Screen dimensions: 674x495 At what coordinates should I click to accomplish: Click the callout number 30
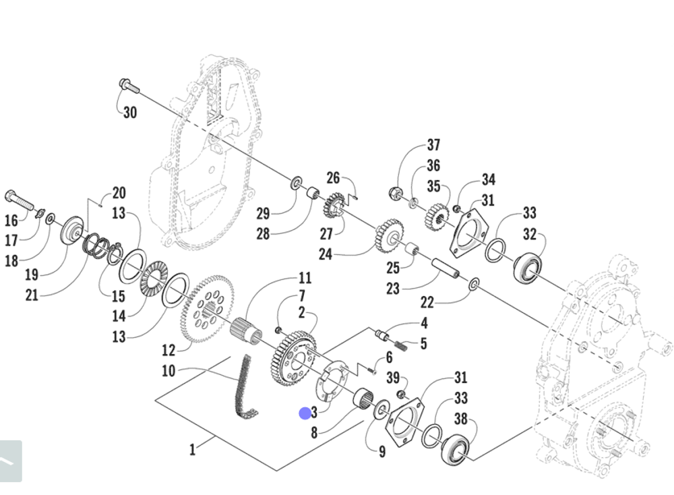(x=130, y=112)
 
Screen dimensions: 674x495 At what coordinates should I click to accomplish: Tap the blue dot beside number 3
(x=305, y=413)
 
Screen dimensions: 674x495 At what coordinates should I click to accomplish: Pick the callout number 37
(x=433, y=145)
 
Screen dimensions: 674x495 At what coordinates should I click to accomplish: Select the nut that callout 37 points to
(x=394, y=192)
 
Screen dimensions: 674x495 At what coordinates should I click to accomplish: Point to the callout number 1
(x=193, y=450)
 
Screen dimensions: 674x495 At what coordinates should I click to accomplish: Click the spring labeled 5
(x=400, y=346)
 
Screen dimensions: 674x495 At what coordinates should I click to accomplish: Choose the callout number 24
(x=326, y=254)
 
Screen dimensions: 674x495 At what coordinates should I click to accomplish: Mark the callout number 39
(x=393, y=378)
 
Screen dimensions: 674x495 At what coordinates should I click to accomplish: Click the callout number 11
(x=305, y=278)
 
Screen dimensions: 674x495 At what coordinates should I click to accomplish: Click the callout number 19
(x=32, y=274)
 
